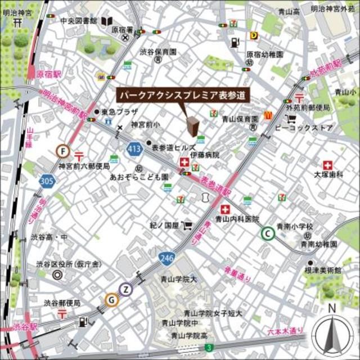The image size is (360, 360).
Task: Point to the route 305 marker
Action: tap(47, 181)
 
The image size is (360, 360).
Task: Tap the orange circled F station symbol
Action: tap(63, 151)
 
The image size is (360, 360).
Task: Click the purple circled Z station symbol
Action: tap(127, 289)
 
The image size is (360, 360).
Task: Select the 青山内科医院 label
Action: tap(237, 219)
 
